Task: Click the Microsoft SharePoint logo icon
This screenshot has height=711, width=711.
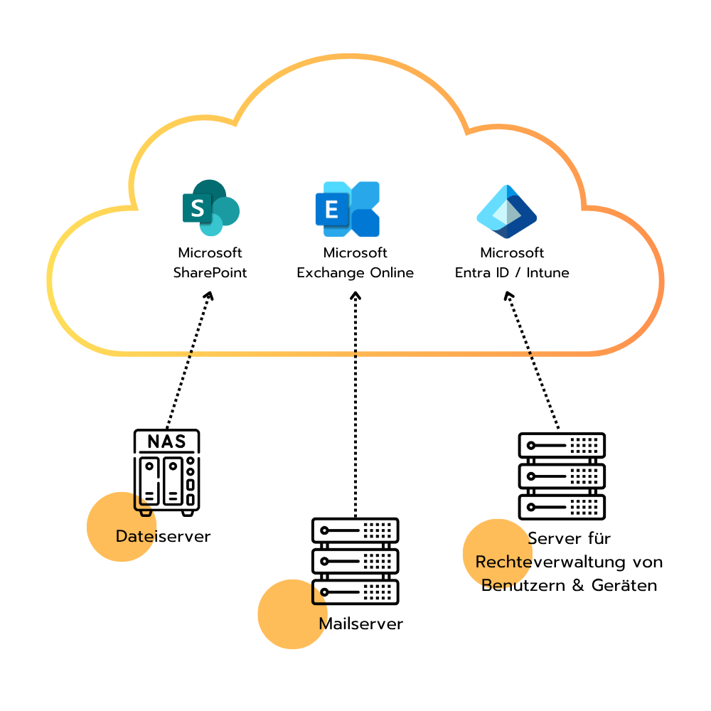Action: coord(210,208)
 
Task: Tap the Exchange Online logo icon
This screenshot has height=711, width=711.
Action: coord(348,209)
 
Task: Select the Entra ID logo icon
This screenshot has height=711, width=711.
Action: coord(506,212)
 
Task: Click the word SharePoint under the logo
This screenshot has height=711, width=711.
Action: coord(210,273)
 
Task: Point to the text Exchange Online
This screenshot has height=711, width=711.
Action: coord(355,273)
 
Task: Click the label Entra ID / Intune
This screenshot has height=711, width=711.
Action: coord(512,273)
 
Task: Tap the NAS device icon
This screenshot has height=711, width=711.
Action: coord(167,472)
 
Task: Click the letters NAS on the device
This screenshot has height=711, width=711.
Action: coord(166,442)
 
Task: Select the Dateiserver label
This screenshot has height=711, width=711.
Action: coord(164,536)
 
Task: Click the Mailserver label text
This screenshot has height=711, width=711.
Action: coord(361,624)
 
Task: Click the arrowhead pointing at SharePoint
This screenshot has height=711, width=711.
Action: coord(209,295)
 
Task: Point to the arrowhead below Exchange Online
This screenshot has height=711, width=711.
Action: coord(355,294)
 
